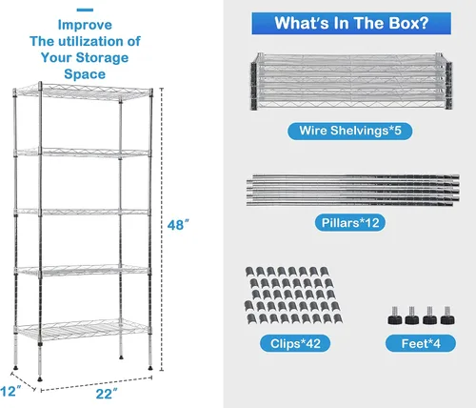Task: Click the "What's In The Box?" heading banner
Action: coord(351,23)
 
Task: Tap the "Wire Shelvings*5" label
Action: coord(350,131)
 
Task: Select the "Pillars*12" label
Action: coord(350,223)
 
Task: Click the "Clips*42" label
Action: coord(295,343)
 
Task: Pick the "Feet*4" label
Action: coord(421,343)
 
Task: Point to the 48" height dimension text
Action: coord(178,225)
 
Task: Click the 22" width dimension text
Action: coord(107,394)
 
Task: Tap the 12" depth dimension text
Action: coord(10,391)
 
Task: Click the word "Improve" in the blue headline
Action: coord(85,25)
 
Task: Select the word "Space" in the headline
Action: coord(85,74)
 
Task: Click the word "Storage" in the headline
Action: coord(102,57)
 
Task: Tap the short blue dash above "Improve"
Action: coord(85,10)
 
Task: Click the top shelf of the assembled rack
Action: coord(83,92)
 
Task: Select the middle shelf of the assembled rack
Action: coord(83,212)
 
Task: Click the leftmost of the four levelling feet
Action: coord(394,316)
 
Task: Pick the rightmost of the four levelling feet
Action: coord(447,316)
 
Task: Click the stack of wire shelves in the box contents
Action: coord(351,81)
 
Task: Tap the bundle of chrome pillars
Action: coord(352,190)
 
